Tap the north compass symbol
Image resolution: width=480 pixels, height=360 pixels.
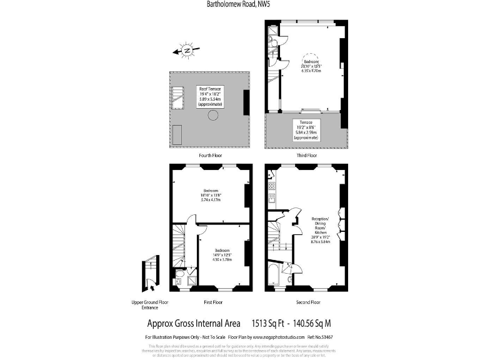(x=186, y=51)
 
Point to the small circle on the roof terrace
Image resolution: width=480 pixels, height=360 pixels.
(x=214, y=115)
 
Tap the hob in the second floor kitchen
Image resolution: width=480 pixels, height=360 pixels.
(x=272, y=185)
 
